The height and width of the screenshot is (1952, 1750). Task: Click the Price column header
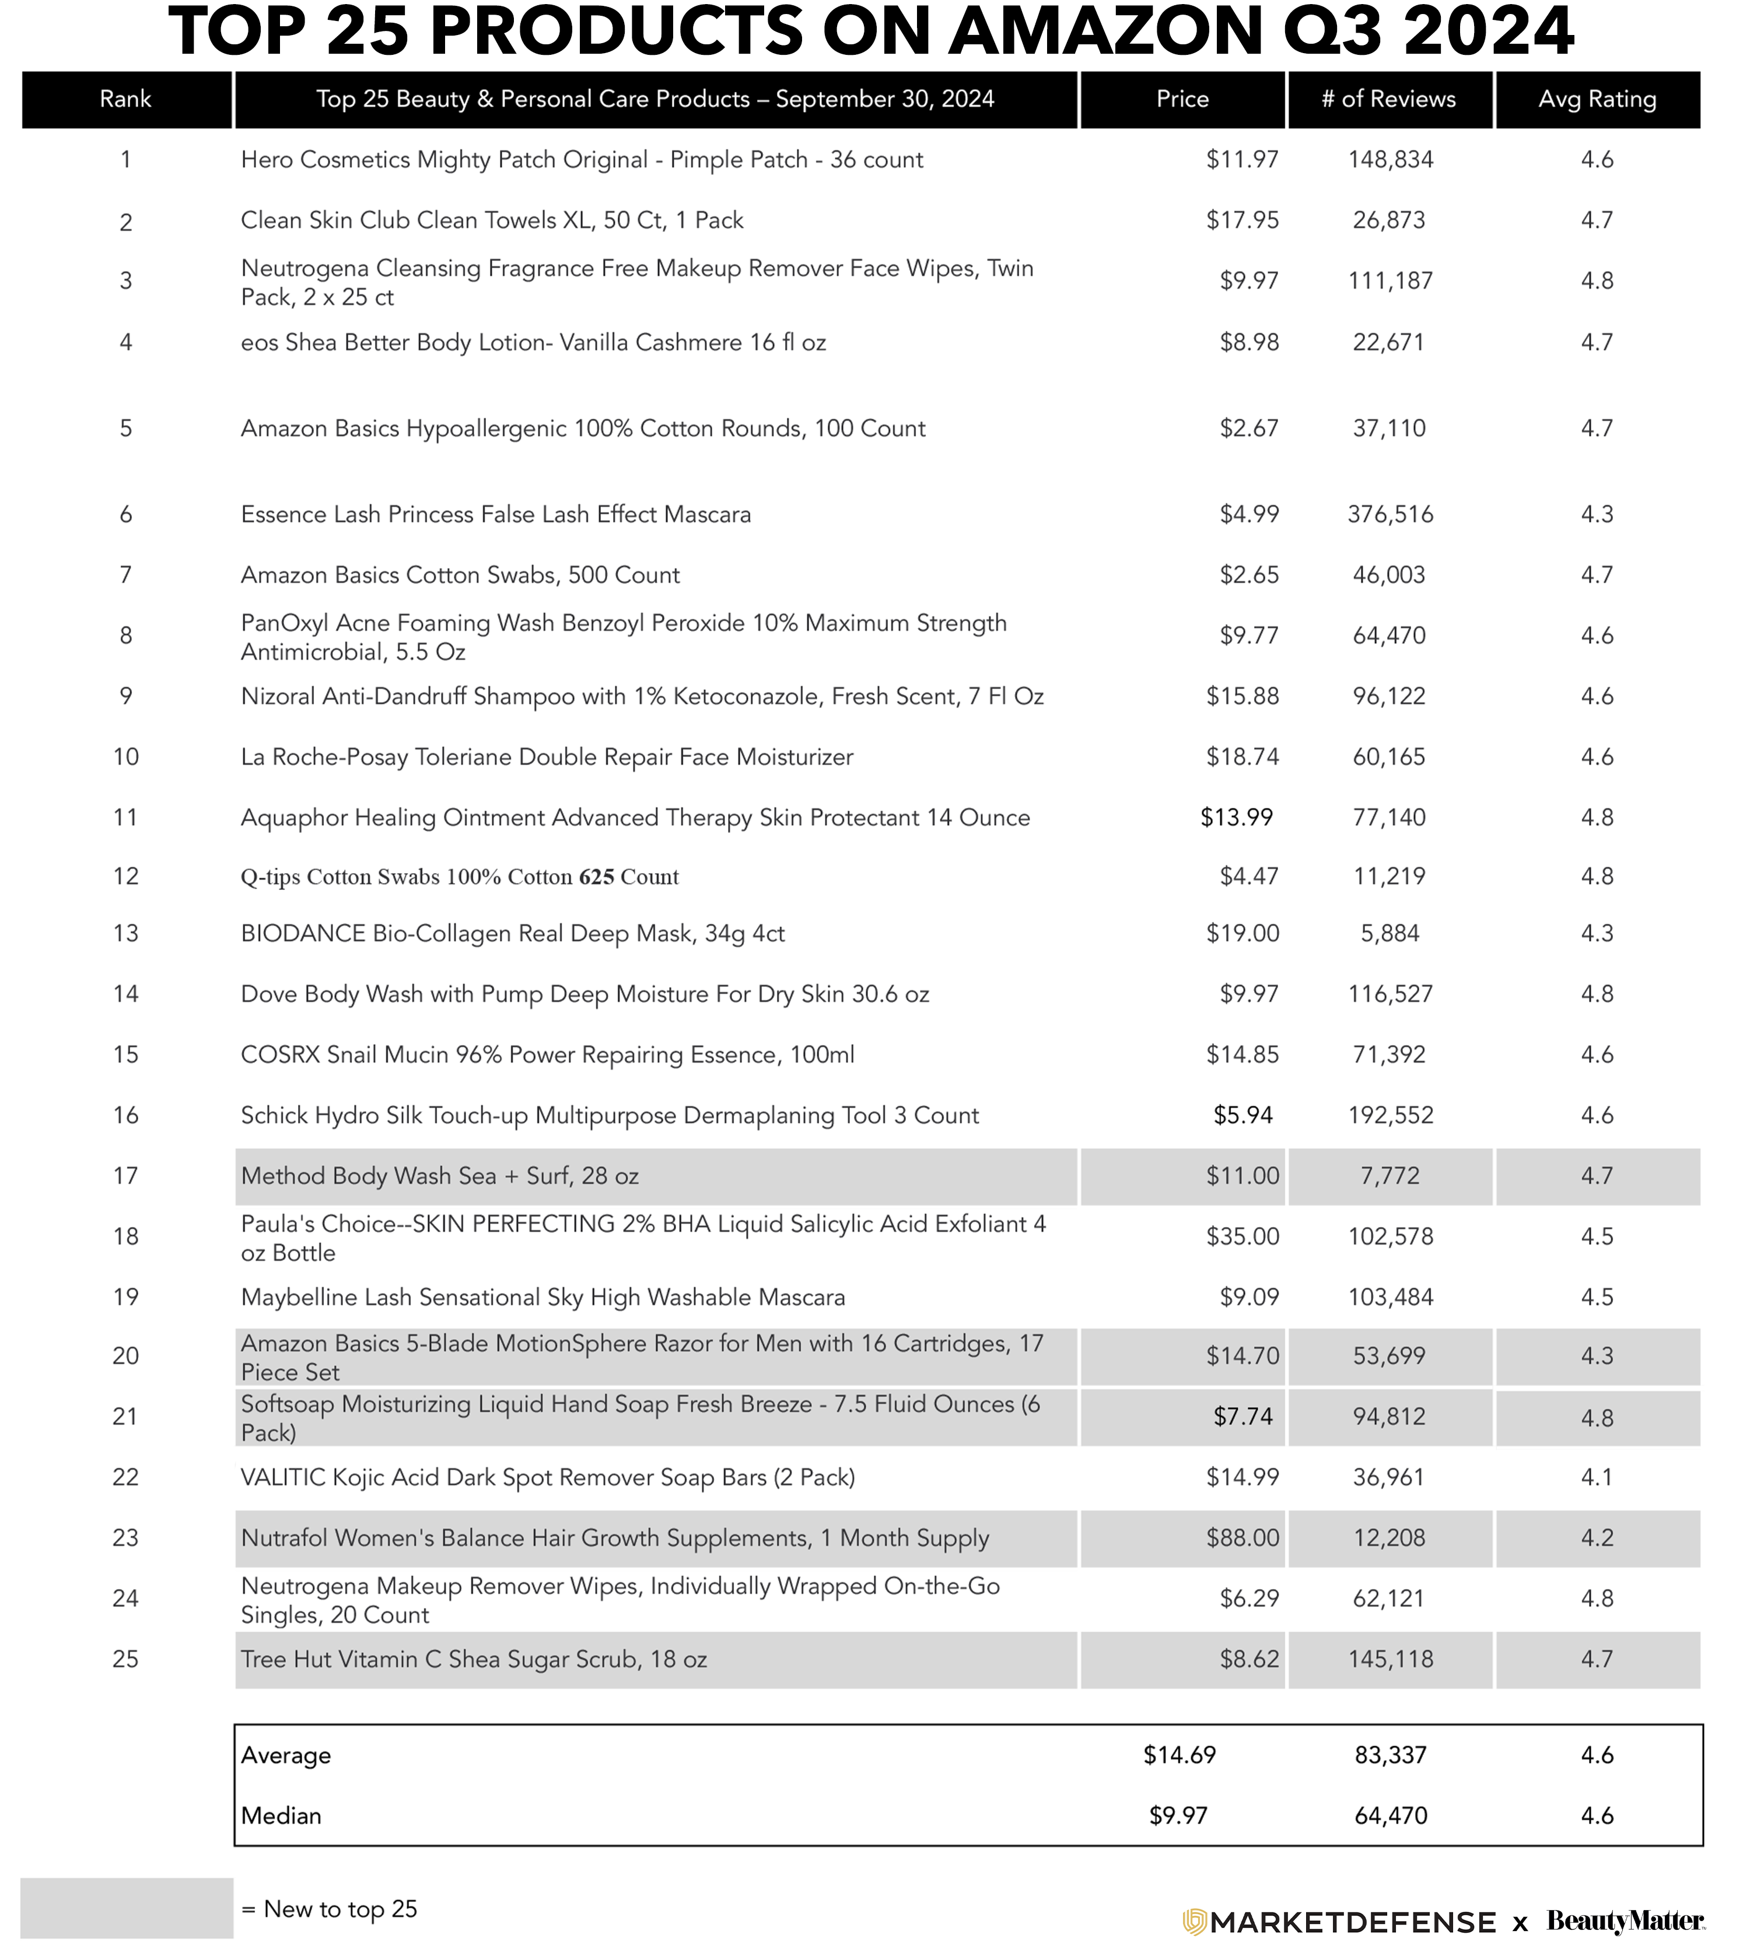click(x=1182, y=99)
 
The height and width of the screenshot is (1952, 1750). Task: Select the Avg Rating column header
click(x=1597, y=99)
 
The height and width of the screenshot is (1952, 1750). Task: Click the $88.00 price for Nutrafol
click(x=1242, y=1538)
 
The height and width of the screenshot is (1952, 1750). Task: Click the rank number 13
click(x=126, y=933)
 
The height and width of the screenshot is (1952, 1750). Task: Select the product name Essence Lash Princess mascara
click(x=495, y=514)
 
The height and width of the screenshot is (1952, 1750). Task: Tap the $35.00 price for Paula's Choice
click(x=1242, y=1236)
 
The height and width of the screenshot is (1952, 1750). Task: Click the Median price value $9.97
click(x=1178, y=1816)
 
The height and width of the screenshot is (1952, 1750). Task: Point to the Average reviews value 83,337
click(x=1391, y=1755)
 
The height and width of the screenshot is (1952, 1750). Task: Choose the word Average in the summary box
click(x=286, y=1755)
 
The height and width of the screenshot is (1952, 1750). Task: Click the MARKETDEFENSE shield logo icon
click(x=1193, y=1921)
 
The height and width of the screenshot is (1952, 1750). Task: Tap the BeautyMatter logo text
click(x=1625, y=1921)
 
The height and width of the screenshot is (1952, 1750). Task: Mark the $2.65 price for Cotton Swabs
click(x=1249, y=574)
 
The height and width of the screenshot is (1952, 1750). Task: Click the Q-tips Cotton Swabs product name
click(x=460, y=877)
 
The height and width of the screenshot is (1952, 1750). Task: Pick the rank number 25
click(x=126, y=1659)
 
